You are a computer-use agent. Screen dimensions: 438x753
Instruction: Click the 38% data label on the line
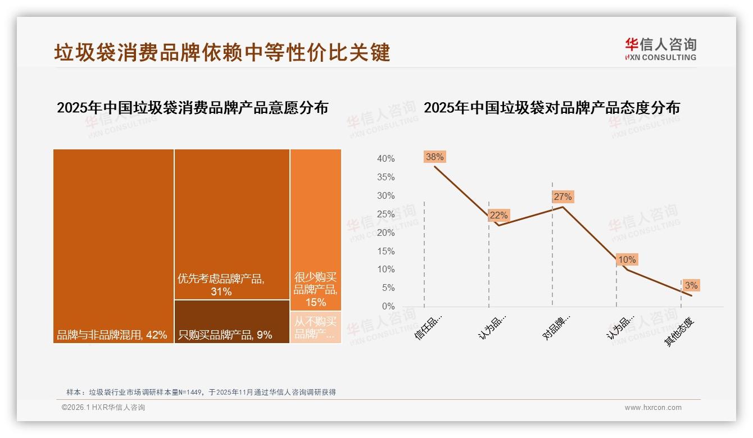coord(434,157)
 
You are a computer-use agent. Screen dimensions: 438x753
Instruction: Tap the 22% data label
coord(498,215)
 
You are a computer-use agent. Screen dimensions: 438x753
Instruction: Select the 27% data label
coord(563,197)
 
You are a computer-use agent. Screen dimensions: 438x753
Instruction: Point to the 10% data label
coord(627,259)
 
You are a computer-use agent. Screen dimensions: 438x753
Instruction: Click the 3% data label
coord(691,285)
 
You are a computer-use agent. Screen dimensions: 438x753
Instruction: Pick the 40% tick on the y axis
coord(385,159)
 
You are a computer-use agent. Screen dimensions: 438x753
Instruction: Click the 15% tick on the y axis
coord(385,251)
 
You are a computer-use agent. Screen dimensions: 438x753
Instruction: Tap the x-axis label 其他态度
coord(681,331)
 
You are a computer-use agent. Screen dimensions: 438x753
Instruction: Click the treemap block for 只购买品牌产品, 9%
coord(232,321)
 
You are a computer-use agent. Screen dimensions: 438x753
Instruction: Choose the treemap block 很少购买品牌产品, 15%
coord(315,230)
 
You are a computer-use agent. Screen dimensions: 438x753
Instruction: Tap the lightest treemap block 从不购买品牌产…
coord(315,327)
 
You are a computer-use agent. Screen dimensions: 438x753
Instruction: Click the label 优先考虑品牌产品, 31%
coord(221,285)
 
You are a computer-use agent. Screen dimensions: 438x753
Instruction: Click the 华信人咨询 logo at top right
coord(660,49)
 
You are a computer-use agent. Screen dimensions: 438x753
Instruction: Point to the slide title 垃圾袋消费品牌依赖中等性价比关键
coord(222,53)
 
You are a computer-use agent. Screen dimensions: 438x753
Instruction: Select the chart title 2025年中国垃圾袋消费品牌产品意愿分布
coord(192,107)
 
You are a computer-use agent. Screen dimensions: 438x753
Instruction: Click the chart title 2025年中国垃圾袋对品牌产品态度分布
coord(551,107)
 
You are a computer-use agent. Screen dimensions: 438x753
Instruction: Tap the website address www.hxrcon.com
coord(652,408)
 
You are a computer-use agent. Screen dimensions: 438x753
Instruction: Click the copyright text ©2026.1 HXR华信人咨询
coord(103,408)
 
